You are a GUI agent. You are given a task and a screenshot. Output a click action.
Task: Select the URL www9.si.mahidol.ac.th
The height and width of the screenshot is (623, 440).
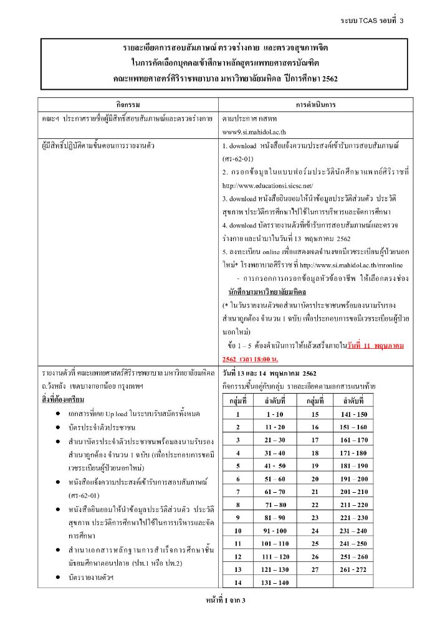(254, 132)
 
